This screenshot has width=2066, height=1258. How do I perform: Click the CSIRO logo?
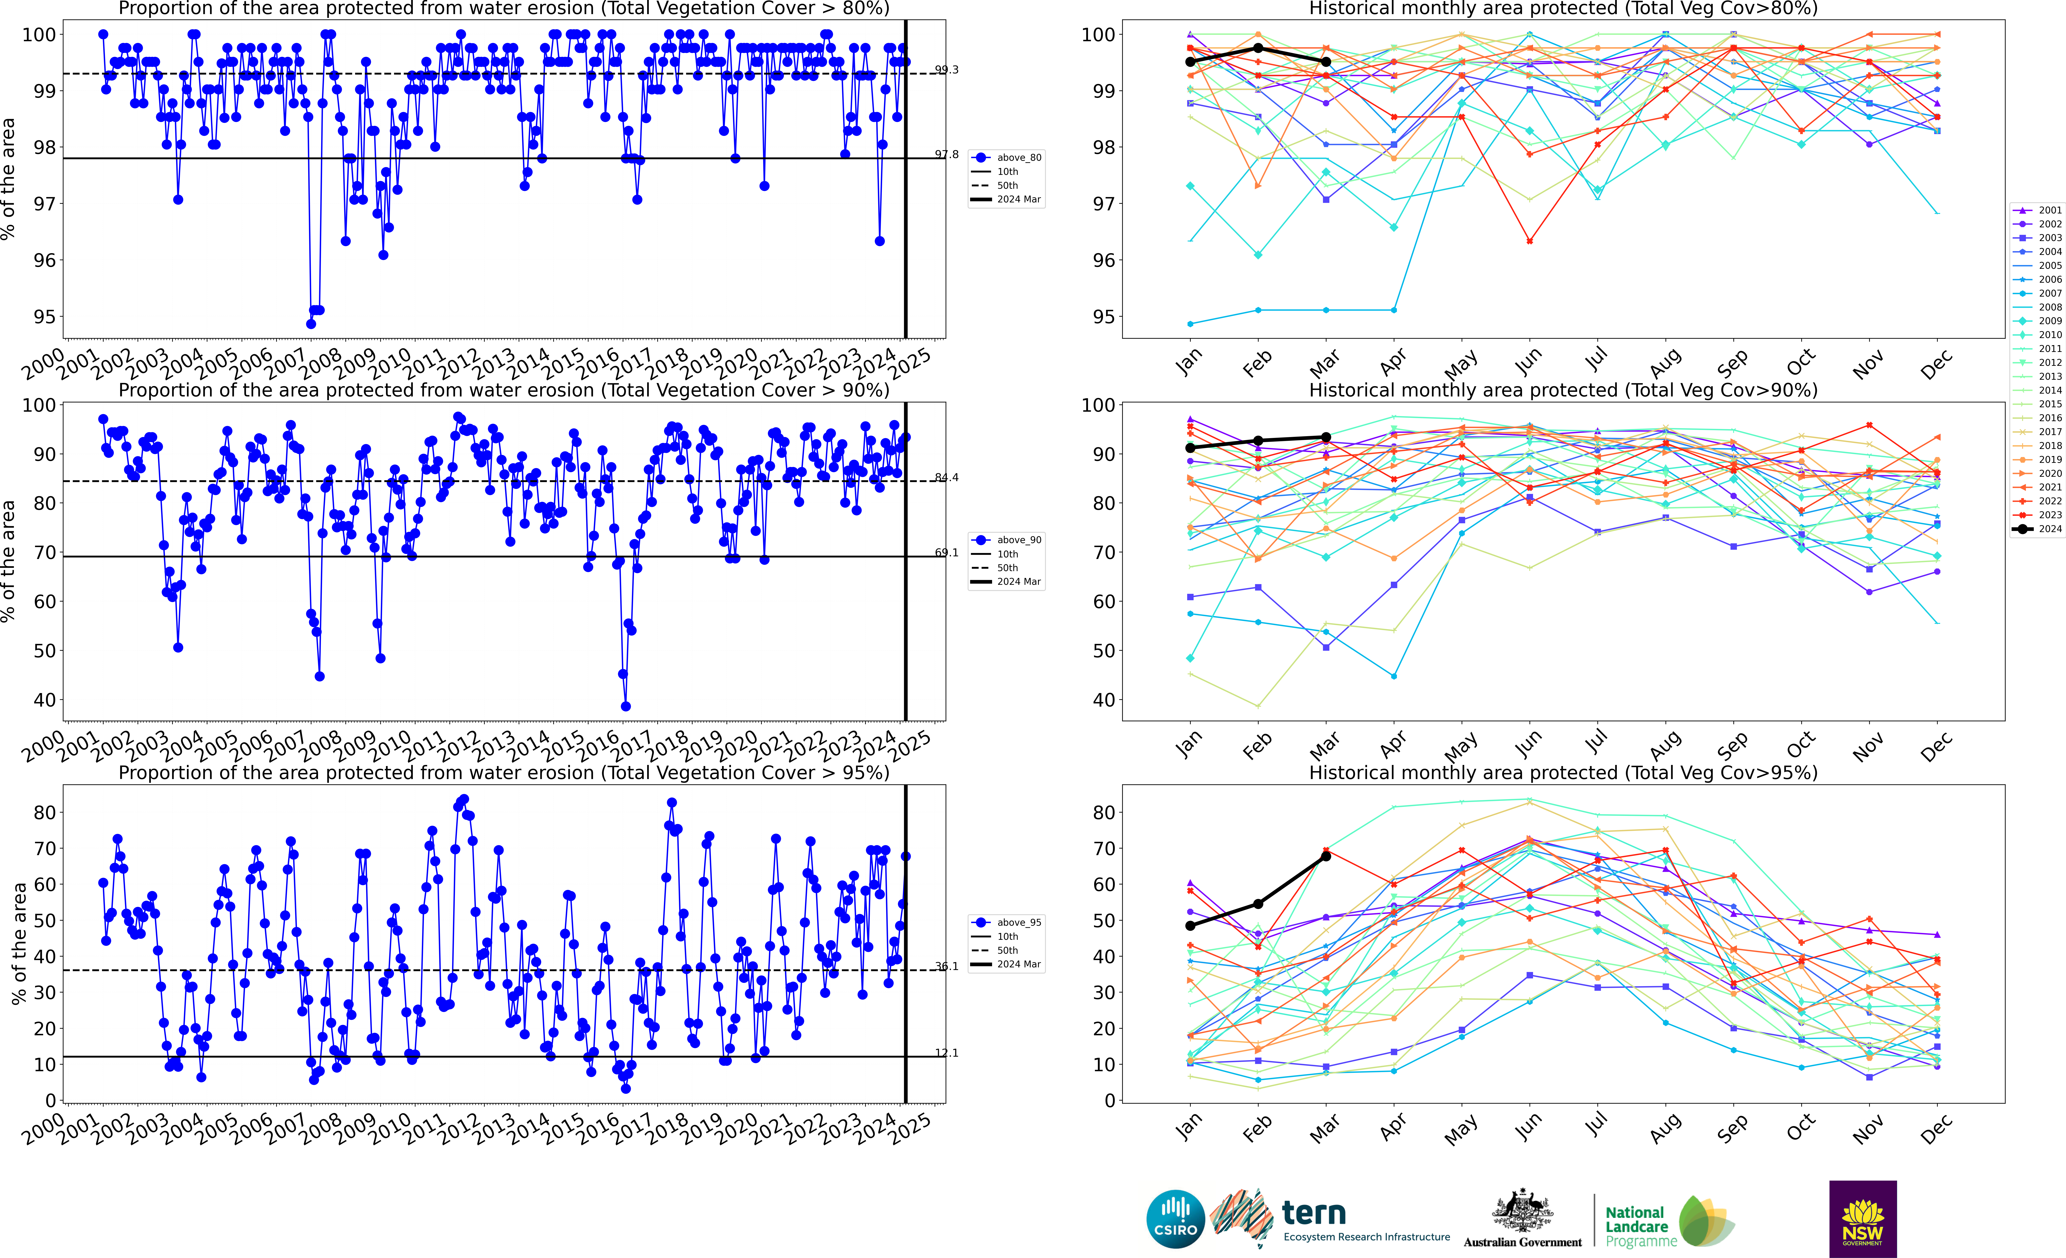(1175, 1219)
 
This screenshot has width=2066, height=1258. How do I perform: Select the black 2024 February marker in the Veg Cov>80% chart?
(1258, 48)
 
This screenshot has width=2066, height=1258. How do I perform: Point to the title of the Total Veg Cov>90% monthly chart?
(1563, 390)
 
